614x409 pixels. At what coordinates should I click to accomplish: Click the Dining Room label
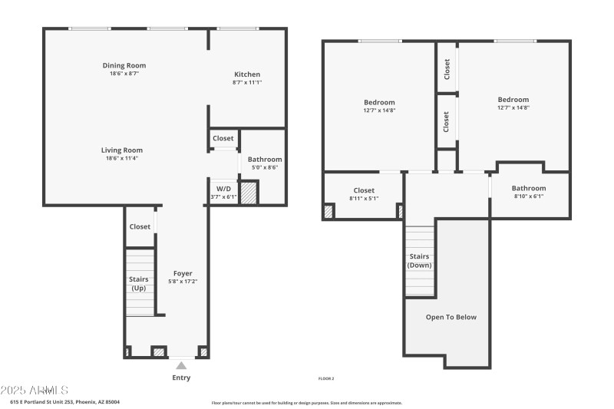124,65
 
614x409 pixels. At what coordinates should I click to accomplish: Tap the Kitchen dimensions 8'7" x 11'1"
247,82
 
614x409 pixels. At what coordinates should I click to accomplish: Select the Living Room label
122,150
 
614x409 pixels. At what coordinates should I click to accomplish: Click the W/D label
223,188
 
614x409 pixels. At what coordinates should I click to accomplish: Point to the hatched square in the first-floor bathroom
249,192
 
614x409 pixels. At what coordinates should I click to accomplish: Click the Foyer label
183,273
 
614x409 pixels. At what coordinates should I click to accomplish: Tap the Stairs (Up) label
140,284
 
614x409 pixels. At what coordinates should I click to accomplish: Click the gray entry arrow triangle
181,365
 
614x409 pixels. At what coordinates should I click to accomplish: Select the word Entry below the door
181,378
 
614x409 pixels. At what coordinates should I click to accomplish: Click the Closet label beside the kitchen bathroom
223,138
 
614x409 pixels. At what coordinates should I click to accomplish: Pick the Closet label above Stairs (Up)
140,226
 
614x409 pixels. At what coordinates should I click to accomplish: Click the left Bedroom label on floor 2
379,102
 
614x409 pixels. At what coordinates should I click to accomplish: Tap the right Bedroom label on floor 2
513,99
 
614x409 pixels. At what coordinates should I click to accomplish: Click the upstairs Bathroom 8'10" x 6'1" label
529,192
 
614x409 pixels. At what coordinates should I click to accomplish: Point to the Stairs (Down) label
419,261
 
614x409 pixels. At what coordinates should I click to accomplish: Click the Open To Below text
451,316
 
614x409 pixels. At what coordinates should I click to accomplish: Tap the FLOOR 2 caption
326,378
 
